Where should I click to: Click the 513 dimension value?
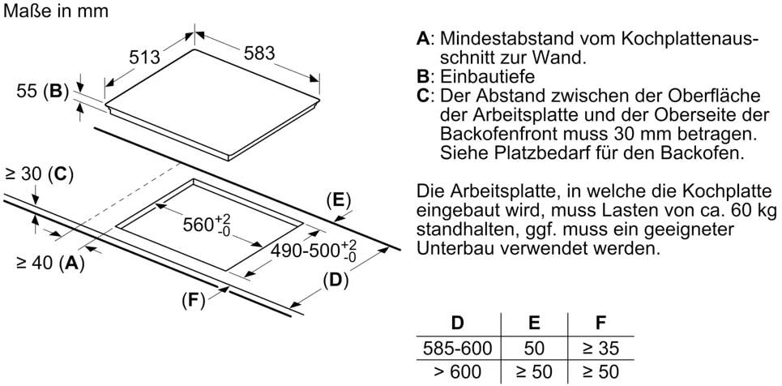click(x=144, y=57)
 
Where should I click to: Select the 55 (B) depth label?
click(x=42, y=92)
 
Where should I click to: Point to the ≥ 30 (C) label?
click(x=39, y=174)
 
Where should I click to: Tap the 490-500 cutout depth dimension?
click(x=314, y=251)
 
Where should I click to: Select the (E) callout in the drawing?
click(x=339, y=201)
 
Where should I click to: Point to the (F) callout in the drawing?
click(x=194, y=301)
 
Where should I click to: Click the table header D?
click(x=457, y=323)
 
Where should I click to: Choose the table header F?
click(x=601, y=323)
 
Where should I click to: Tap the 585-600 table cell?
click(x=457, y=348)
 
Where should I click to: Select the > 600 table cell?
click(x=457, y=371)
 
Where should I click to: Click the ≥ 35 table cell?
click(x=601, y=348)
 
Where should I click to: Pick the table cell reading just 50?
click(x=534, y=348)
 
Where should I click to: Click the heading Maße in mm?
click(x=55, y=11)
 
